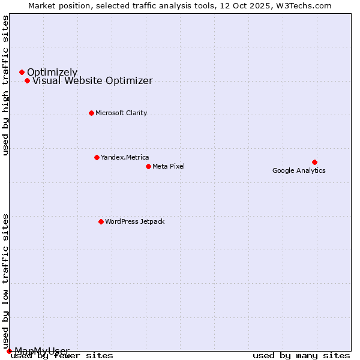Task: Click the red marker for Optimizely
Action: [x=22, y=73]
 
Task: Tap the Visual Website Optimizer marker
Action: [x=27, y=81]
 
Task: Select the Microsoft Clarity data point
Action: [x=91, y=113]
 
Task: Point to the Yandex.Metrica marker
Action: [x=97, y=157]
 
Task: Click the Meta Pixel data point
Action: [x=148, y=166]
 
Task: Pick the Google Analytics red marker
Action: [x=314, y=162]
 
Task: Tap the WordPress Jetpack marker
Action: [x=101, y=221]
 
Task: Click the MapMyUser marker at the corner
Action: [x=9, y=351]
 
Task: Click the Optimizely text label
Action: [x=52, y=73]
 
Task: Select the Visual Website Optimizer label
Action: [x=92, y=81]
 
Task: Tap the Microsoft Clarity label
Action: [x=121, y=113]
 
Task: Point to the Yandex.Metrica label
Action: [x=125, y=157]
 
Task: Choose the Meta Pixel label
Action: [x=169, y=166]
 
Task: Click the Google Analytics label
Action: [x=299, y=170]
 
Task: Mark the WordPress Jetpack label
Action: [x=134, y=221]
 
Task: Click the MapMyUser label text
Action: [x=42, y=350]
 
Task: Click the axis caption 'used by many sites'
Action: [x=301, y=356]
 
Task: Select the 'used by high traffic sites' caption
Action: [x=5, y=85]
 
